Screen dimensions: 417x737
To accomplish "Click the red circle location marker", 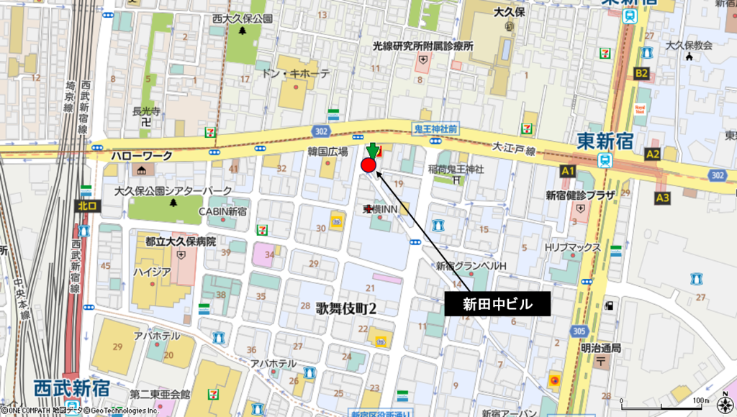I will [368, 166].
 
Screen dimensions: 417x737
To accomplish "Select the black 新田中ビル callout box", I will [497, 304].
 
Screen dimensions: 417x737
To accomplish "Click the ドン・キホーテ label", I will [295, 74].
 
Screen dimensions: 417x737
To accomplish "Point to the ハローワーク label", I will [142, 155].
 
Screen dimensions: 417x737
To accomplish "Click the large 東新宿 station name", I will [605, 140].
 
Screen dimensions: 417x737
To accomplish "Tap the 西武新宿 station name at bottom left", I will [71, 388].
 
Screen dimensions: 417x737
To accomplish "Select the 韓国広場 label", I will [327, 152].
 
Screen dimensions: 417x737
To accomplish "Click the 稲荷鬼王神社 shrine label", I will [458, 170].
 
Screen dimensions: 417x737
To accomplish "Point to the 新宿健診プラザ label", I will [580, 195].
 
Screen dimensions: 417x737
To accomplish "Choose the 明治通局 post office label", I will [600, 348].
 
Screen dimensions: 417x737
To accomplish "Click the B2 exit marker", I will [641, 73].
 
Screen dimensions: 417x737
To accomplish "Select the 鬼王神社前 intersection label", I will [435, 129].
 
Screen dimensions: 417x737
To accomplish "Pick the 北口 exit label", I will [87, 206].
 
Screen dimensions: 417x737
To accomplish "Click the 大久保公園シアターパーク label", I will [173, 191].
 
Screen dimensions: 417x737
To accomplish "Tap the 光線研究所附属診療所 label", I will [422, 46].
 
